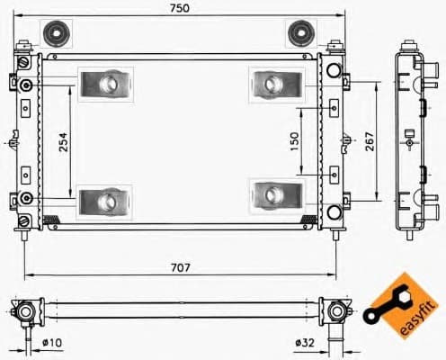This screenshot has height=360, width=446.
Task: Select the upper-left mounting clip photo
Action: point(105,85)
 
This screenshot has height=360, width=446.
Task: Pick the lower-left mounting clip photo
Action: point(105,199)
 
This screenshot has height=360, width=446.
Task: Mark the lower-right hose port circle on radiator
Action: point(334,212)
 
